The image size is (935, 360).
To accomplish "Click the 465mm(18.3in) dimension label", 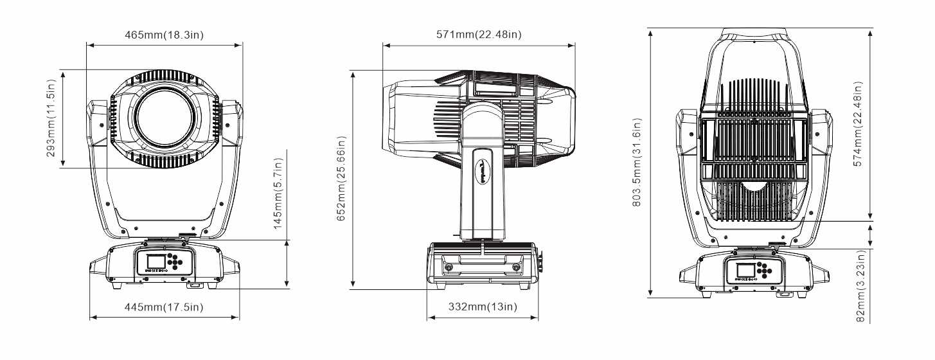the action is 165,35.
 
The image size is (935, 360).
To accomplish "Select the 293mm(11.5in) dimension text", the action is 51,118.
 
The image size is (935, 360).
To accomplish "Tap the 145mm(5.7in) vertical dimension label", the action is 278,194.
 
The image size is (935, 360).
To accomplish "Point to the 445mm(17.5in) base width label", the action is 164,307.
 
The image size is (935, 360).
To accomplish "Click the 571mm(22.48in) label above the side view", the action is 479,34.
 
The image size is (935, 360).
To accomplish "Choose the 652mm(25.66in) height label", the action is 341,178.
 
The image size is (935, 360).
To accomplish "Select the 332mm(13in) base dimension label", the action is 483,307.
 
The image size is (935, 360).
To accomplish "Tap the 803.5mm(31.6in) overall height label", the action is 637,162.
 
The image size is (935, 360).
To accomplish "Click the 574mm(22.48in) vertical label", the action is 857,124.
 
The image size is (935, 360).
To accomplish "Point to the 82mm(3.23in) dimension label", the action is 860,286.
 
